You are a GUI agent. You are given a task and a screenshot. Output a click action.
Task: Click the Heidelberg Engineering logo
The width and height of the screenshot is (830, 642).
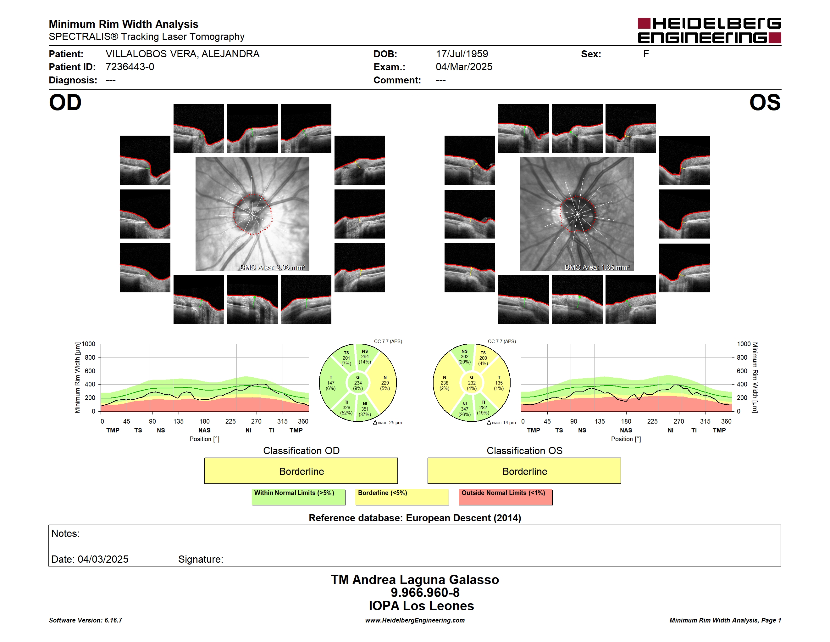click(709, 31)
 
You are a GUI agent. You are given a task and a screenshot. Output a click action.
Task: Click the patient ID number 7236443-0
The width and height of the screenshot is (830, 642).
click(130, 67)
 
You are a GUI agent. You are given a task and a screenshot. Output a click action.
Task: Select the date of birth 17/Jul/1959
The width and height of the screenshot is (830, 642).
click(462, 54)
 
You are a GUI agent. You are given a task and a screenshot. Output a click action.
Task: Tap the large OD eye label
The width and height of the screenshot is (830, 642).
click(65, 103)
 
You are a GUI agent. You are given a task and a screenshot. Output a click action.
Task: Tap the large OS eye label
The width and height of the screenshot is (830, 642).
click(765, 103)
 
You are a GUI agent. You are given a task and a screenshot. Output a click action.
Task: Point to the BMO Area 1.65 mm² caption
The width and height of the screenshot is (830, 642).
click(597, 267)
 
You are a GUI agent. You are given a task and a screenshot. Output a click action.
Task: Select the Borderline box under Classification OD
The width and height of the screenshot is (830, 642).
click(301, 471)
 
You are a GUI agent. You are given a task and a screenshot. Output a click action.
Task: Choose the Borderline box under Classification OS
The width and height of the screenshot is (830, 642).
click(524, 471)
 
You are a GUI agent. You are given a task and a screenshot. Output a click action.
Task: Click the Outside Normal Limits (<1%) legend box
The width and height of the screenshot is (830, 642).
click(506, 497)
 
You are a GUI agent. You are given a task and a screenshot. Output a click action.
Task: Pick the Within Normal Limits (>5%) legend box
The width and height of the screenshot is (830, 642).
click(298, 497)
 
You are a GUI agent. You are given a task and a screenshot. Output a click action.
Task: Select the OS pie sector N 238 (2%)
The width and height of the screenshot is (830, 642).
click(445, 383)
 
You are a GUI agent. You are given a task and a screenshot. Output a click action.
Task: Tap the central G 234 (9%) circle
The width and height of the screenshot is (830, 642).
click(357, 383)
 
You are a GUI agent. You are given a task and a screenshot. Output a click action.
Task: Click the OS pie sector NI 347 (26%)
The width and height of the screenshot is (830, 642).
click(464, 409)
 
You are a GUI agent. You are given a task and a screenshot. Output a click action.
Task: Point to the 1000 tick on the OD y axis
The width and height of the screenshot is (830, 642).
click(89, 344)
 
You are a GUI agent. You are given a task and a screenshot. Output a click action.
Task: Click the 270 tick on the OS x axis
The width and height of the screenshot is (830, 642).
click(679, 421)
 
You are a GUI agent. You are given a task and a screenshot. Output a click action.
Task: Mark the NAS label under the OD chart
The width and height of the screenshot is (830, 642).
click(204, 430)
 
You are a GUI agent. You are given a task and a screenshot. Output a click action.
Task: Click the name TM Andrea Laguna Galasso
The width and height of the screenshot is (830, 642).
click(415, 579)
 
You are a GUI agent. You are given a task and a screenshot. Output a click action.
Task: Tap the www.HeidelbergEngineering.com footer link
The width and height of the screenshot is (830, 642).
click(415, 620)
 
